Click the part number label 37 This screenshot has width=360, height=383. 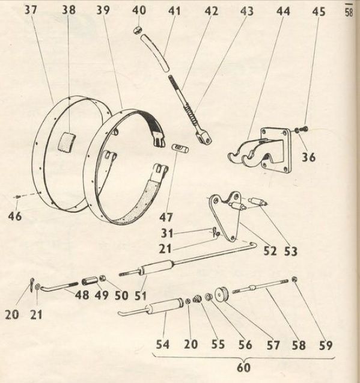pos(31,10)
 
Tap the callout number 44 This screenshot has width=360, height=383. pos(283,11)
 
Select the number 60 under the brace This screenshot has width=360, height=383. pos(244,367)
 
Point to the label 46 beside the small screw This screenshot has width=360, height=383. pos(15,216)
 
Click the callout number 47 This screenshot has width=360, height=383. pos(166,217)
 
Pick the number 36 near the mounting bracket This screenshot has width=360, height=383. pos(309,157)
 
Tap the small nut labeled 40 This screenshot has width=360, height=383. pos(137,31)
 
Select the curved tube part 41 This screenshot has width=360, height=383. pos(155,52)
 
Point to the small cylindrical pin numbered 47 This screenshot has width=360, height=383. pos(180,149)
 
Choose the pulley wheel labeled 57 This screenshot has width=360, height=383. pos(222,294)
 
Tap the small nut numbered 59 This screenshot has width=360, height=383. pos(294,280)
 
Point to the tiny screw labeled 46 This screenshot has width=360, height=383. pos(17,197)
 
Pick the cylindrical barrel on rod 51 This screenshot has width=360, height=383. pos(156,268)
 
